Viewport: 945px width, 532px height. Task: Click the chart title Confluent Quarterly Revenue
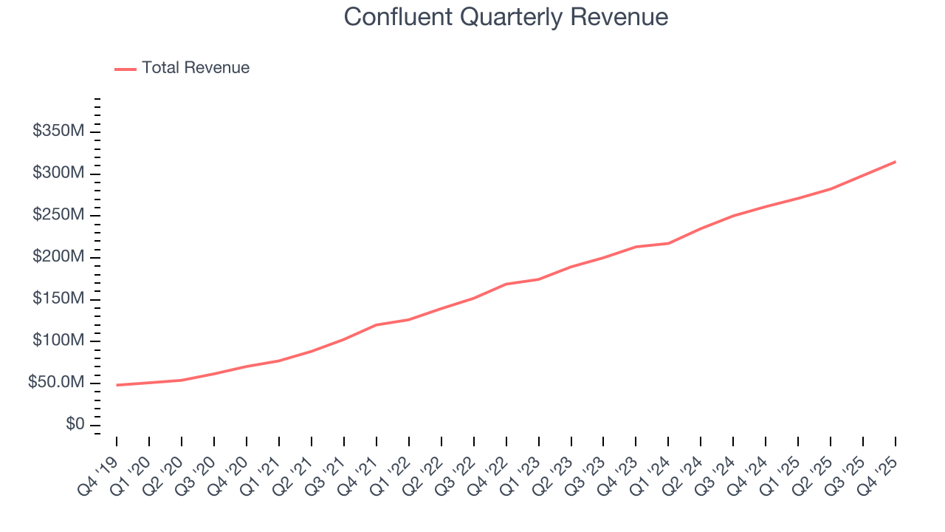click(506, 17)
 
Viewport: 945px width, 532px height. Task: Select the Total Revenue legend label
click(196, 68)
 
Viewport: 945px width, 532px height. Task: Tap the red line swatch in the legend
click(126, 69)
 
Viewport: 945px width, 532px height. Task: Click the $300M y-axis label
click(59, 173)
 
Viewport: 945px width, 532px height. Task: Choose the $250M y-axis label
click(59, 215)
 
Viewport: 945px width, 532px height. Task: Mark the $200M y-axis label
click(59, 257)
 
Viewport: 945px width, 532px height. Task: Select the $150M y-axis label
click(59, 299)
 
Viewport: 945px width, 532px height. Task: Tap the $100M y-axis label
click(59, 341)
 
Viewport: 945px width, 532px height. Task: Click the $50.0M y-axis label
click(57, 383)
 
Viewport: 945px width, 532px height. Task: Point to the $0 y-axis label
click(75, 425)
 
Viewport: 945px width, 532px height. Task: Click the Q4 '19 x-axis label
click(99, 466)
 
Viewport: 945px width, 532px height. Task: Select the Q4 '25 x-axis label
click(879, 466)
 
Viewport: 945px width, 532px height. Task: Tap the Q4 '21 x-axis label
click(359, 466)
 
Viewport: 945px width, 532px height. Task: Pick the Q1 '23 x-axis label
click(521, 466)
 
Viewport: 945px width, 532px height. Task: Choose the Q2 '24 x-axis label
click(684, 466)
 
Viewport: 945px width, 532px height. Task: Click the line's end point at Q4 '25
click(896, 161)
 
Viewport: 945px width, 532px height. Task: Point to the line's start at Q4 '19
click(117, 385)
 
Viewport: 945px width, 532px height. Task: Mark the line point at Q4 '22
click(506, 284)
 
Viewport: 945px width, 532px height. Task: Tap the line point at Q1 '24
click(669, 243)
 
